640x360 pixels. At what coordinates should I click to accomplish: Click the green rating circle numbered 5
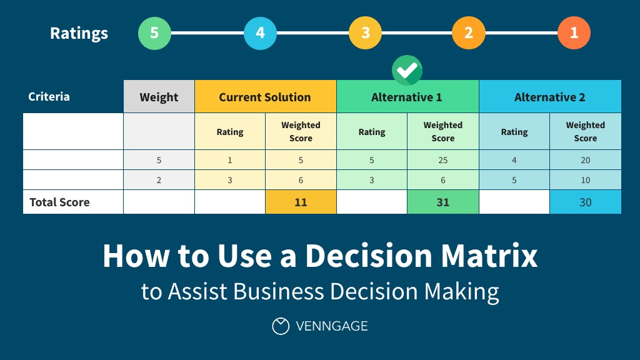coord(154,33)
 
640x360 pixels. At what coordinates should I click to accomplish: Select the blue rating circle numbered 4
coord(260,33)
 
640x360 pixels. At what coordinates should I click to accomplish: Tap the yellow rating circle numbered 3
coord(365,33)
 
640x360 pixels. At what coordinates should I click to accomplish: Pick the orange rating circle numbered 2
coord(469,33)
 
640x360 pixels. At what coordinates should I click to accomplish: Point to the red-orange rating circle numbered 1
coord(574,33)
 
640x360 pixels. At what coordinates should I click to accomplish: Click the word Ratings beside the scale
coord(79,33)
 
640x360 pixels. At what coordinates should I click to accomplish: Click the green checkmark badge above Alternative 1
coord(407,70)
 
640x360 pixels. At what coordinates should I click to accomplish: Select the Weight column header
coord(159,97)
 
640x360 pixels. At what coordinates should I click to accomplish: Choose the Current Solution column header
coord(265,97)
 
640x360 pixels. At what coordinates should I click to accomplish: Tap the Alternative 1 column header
coord(407,97)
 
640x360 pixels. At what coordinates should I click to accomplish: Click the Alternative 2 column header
coord(550,97)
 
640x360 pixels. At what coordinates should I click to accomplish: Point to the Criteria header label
coord(49,97)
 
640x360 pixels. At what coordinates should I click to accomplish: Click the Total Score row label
coord(59,202)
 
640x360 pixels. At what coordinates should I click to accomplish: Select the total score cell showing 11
coord(301,202)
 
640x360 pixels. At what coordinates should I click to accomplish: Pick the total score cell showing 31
coord(442,202)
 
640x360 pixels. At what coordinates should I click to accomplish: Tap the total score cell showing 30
coord(585,202)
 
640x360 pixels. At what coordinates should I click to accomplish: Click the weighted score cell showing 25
coord(442,160)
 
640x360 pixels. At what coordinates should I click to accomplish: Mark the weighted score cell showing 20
coord(585,160)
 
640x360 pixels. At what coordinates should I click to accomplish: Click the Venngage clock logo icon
coord(281,326)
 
